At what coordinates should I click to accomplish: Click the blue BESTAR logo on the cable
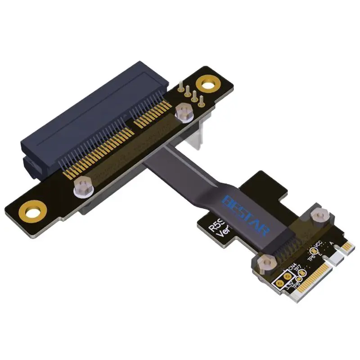pyautogui.click(x=247, y=215)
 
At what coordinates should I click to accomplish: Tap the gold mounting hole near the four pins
pyautogui.click(x=208, y=84)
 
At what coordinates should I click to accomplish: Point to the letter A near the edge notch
pyautogui.click(x=332, y=244)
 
